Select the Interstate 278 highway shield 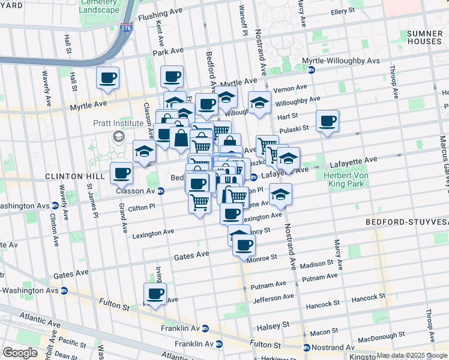[126, 28]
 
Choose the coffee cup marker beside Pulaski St [328, 121]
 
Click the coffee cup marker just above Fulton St [155, 294]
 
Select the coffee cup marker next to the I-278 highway [107, 78]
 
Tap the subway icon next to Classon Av [161, 191]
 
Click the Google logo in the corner [20, 353]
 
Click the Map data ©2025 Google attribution [412, 355]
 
